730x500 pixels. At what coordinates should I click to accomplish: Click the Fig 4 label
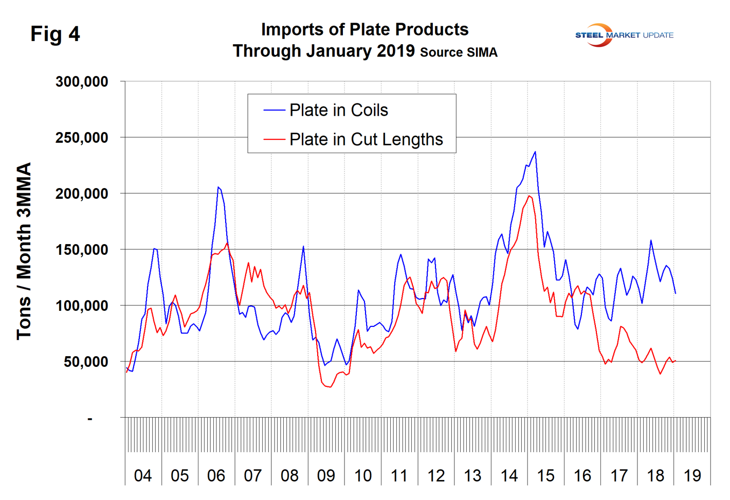pyautogui.click(x=55, y=34)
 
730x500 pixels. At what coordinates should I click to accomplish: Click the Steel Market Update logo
pyautogui.click(x=624, y=35)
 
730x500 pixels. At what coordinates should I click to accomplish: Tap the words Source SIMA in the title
pyautogui.click(x=459, y=52)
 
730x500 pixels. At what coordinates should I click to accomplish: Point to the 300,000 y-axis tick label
pyautogui.click(x=82, y=82)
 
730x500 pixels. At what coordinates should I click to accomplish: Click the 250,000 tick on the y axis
pyautogui.click(x=82, y=138)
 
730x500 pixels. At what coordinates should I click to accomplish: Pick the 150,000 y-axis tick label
pyautogui.click(x=82, y=250)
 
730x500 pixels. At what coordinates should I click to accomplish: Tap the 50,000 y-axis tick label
pyautogui.click(x=86, y=362)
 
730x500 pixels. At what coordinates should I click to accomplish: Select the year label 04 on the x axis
pyautogui.click(x=143, y=476)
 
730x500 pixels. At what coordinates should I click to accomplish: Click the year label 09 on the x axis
pyautogui.click(x=326, y=476)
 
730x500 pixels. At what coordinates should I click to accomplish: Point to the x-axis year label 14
pyautogui.click(x=509, y=476)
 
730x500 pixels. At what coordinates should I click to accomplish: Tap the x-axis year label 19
pyautogui.click(x=692, y=476)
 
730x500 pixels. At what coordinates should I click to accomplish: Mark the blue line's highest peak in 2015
pyautogui.click(x=535, y=152)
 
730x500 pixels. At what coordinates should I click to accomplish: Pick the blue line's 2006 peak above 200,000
pyautogui.click(x=218, y=187)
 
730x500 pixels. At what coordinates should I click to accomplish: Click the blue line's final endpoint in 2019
pyautogui.click(x=676, y=293)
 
